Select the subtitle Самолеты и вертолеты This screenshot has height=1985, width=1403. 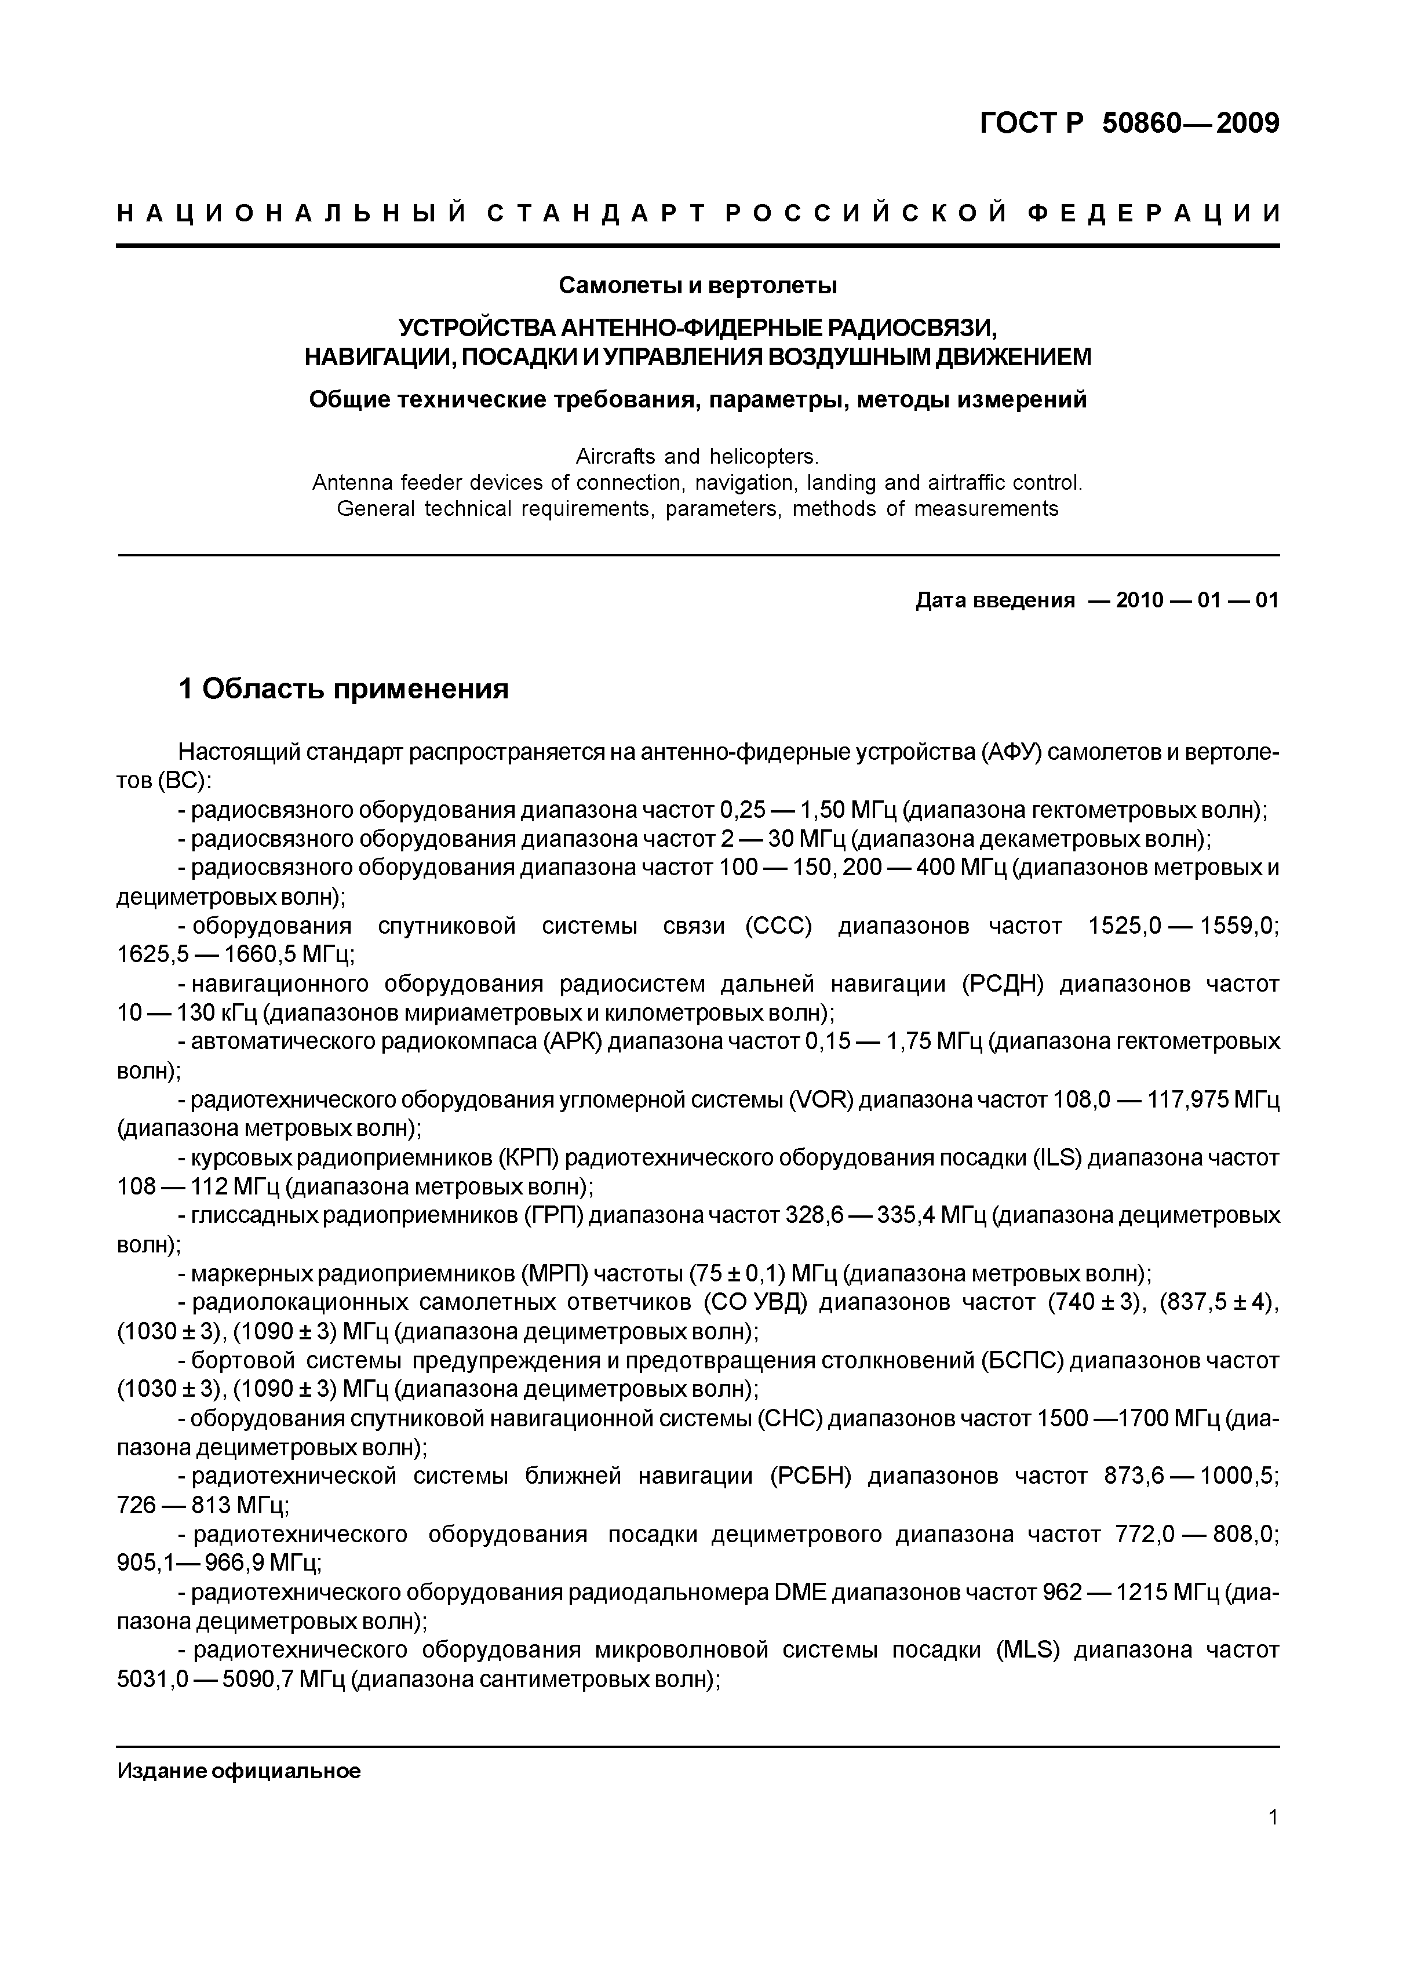(x=698, y=285)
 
